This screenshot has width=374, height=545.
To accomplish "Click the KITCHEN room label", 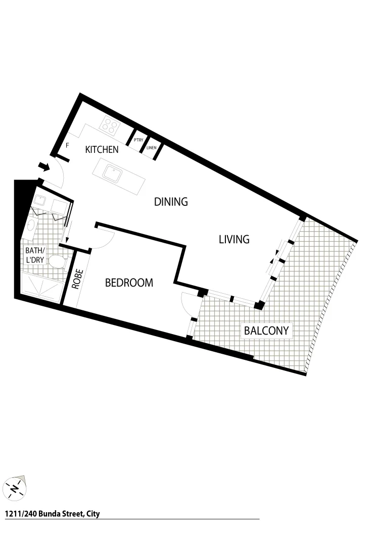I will tap(102, 149).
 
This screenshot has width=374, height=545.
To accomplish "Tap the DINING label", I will tap(171, 202).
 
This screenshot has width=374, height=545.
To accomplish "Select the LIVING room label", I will tap(234, 239).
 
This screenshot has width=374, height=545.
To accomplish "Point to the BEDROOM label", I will tap(129, 283).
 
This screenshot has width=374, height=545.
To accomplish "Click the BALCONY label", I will tap(266, 331).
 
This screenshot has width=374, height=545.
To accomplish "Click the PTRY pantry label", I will tap(138, 140).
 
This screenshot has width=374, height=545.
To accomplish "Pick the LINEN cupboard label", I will tap(151, 148).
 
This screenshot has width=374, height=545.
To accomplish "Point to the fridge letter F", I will tap(67, 146).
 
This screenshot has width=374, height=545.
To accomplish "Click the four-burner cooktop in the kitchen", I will tap(111, 125).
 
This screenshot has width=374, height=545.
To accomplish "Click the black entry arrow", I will tap(44, 167).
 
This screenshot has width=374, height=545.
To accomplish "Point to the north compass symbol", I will tap(16, 487).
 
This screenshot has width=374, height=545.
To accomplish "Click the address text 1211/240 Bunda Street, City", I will tap(52, 514).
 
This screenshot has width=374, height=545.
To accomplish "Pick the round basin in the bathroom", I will tap(31, 226).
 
